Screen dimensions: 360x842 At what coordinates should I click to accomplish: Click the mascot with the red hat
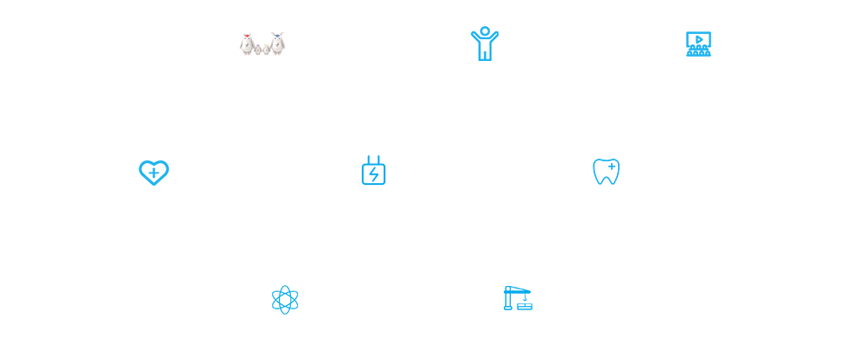pos(248,44)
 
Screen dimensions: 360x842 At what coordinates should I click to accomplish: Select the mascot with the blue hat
pos(277,44)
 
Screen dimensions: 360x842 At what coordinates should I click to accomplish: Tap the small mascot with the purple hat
pos(258,50)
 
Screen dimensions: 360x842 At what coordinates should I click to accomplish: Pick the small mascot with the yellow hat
pos(267,50)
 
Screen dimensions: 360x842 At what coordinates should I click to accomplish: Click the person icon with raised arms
pos(485,44)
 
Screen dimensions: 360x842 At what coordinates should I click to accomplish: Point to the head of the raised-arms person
pos(485,31)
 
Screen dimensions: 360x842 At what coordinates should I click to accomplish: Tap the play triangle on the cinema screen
pos(699,39)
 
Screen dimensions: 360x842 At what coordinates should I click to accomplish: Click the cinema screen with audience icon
pos(698,44)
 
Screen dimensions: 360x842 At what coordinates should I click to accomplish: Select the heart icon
pos(153,173)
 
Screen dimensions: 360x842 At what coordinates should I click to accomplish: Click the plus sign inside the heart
pos(153,173)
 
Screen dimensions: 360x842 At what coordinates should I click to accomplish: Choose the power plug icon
pos(374,171)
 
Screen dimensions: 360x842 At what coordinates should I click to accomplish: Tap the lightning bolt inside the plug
pos(374,174)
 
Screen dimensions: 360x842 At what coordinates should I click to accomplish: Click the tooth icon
pos(606,172)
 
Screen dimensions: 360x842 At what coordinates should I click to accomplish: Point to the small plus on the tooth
pos(612,166)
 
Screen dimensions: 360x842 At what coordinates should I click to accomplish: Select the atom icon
pos(285,300)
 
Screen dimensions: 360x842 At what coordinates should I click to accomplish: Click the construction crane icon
pos(518,298)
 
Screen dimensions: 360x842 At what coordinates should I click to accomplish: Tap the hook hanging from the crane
pos(525,298)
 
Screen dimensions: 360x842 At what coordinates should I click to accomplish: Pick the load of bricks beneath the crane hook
pos(525,306)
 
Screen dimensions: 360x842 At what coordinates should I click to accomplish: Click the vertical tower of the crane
pos(508,300)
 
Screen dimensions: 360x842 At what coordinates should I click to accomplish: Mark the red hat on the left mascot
pos(248,37)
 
